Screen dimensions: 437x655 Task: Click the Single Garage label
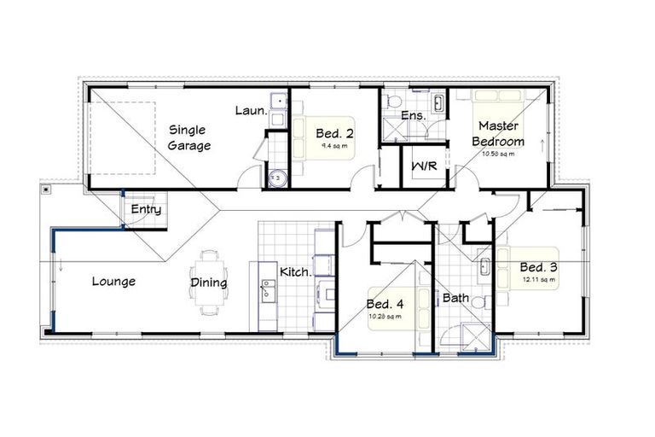[188, 137]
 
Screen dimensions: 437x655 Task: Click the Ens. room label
[413, 114]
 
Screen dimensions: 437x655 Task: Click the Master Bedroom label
[500, 133]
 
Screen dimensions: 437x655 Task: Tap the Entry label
[145, 209]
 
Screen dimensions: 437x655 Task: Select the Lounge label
[113, 281]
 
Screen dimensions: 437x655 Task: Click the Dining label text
[209, 283]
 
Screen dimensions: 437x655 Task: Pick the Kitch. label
[294, 272]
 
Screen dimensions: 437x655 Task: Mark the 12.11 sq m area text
[540, 279]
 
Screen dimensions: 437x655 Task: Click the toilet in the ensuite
[391, 102]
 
